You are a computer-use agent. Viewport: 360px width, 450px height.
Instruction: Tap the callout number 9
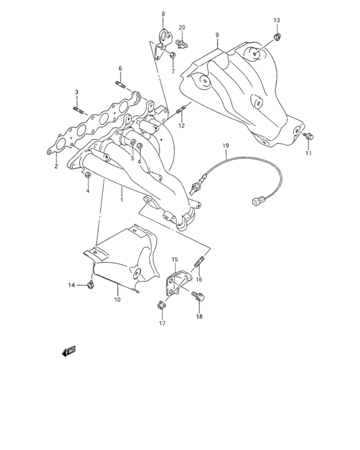click(x=217, y=35)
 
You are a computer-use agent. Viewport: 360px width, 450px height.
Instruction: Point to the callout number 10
click(x=117, y=300)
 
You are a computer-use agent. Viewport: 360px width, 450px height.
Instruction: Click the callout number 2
click(x=56, y=166)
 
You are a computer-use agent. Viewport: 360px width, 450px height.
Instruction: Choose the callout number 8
click(x=163, y=14)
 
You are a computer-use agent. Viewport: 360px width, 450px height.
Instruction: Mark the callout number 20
click(x=182, y=27)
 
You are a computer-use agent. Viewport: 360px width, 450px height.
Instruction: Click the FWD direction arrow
click(x=69, y=351)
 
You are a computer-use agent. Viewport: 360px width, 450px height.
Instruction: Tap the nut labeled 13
click(x=276, y=37)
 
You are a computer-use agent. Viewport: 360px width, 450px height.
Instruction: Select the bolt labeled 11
click(x=310, y=136)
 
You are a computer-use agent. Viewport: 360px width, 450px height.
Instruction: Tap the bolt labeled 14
click(x=91, y=283)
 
